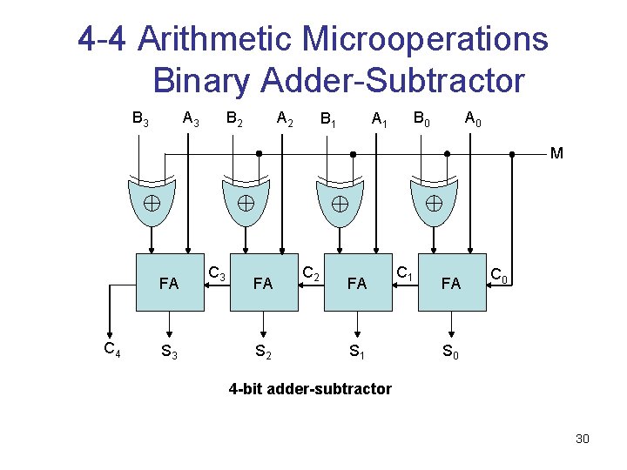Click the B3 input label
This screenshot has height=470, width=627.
pyautogui.click(x=139, y=117)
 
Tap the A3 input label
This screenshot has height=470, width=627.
pyautogui.click(x=190, y=117)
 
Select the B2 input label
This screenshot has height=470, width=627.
pyautogui.click(x=234, y=117)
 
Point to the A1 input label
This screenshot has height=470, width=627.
pyautogui.click(x=379, y=117)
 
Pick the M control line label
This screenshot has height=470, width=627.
pyautogui.click(x=556, y=154)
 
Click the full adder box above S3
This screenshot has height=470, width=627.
pyautogui.click(x=169, y=283)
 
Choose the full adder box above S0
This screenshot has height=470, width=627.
pyautogui.click(x=451, y=283)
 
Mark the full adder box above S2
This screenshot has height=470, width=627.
pyautogui.click(x=263, y=283)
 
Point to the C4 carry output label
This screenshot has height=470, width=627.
pyautogui.click(x=111, y=350)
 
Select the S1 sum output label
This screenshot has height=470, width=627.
pyautogui.click(x=357, y=352)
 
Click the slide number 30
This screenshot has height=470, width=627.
pyautogui.click(x=583, y=439)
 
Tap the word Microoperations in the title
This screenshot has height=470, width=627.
pyautogui.click(x=426, y=39)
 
